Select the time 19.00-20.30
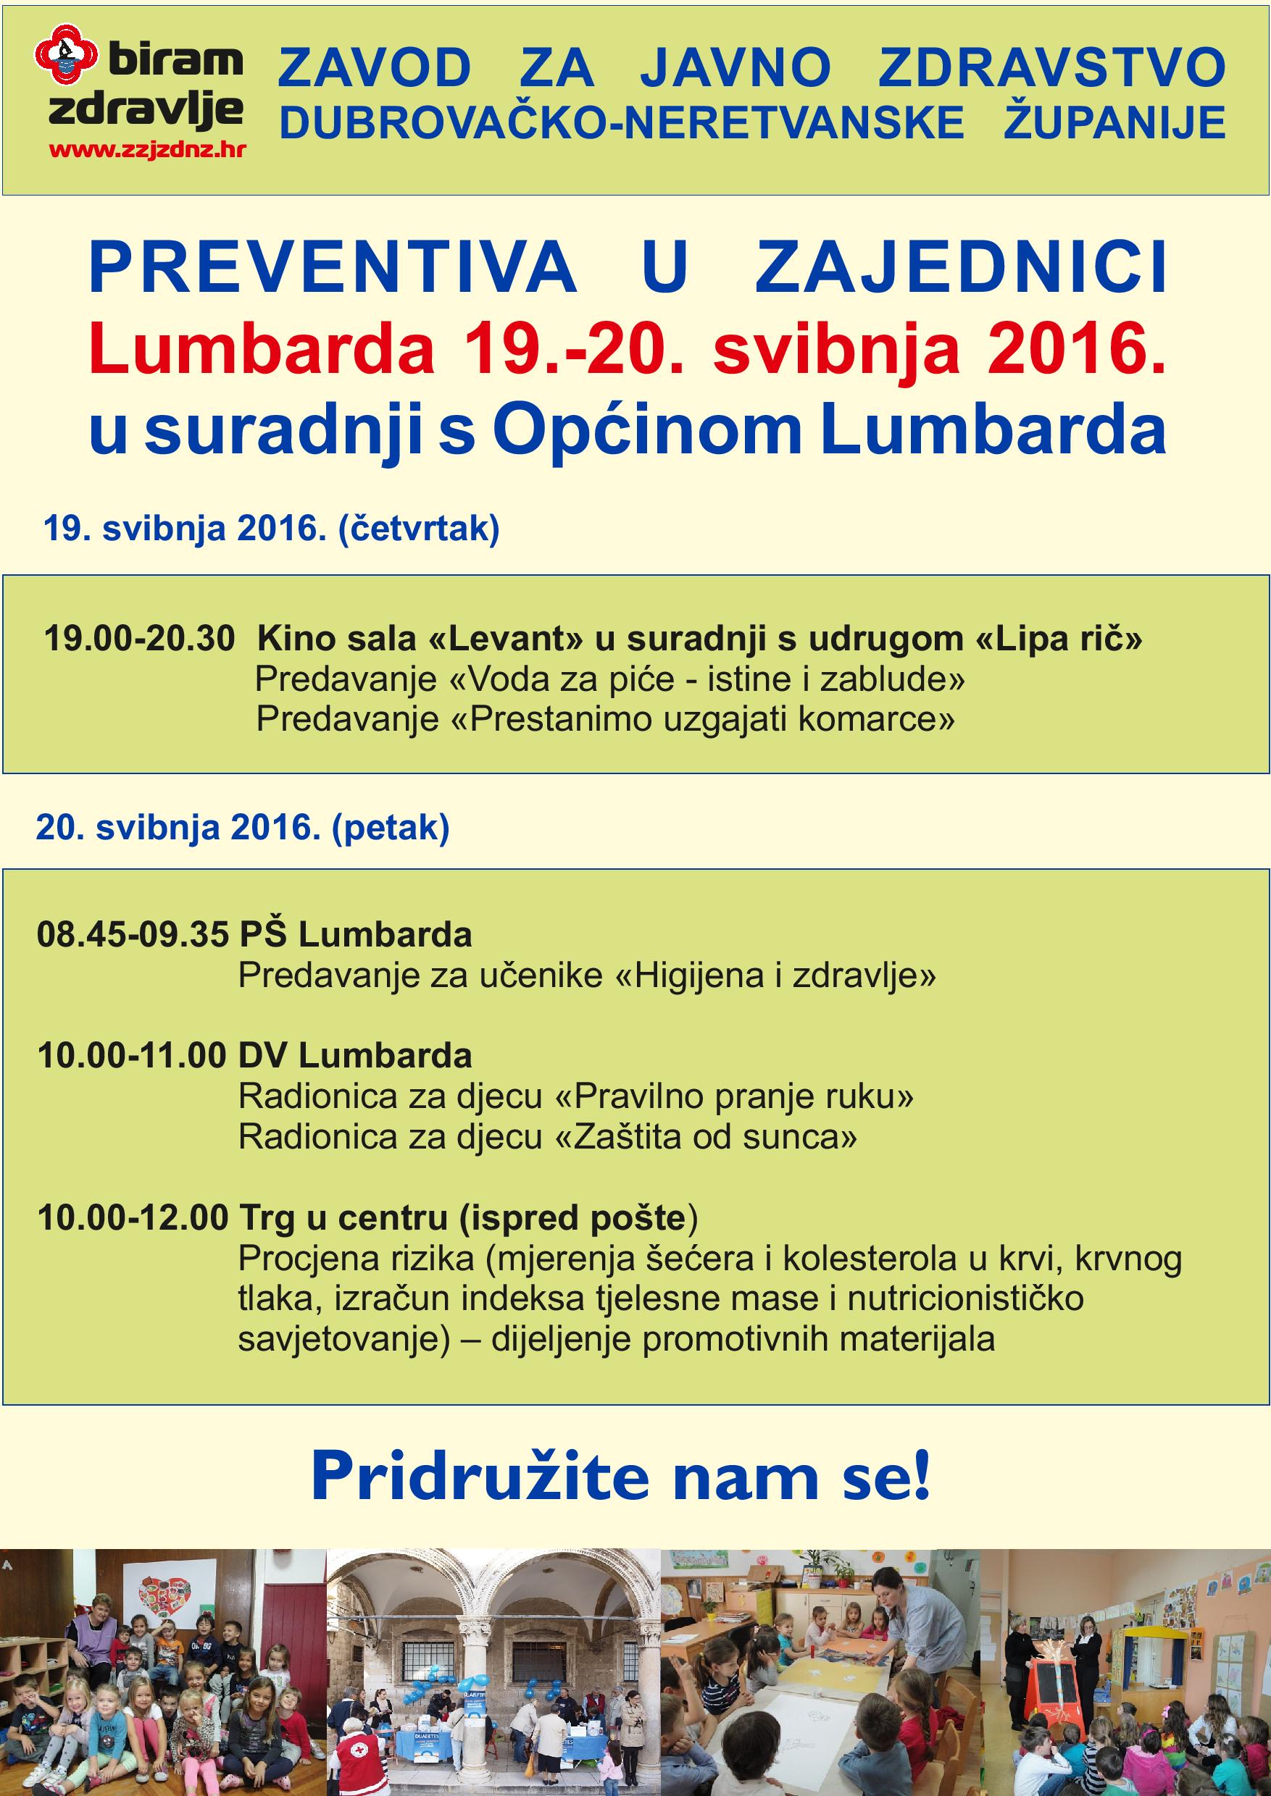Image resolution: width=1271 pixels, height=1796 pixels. tap(139, 638)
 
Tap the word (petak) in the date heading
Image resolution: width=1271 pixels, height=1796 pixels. tap(391, 828)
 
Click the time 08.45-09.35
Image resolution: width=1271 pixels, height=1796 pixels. tap(133, 934)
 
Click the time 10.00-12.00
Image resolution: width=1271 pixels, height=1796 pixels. tap(133, 1217)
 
